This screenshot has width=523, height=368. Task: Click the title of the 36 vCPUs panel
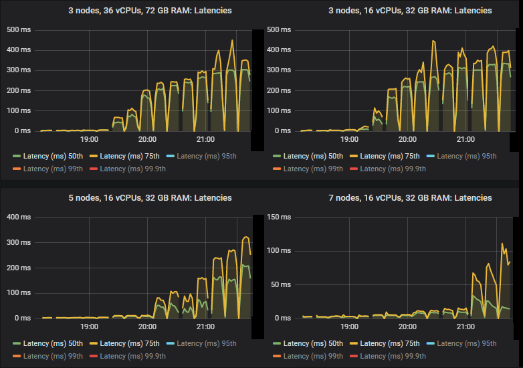[x=130, y=11]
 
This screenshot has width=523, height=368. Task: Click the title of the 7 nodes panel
[x=391, y=198]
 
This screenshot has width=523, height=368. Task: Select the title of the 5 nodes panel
[x=130, y=198]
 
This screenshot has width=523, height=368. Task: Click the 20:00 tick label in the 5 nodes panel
[x=147, y=327]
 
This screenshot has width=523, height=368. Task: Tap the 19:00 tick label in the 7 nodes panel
[x=349, y=327]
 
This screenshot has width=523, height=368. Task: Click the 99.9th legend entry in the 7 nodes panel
[x=393, y=356]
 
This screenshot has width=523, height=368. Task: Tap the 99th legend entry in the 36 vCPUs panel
[x=46, y=169]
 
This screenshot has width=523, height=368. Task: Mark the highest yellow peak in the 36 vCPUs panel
[x=232, y=40]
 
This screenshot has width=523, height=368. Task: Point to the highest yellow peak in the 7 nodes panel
[x=502, y=244]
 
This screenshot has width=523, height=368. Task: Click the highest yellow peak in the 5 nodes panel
[x=245, y=237]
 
